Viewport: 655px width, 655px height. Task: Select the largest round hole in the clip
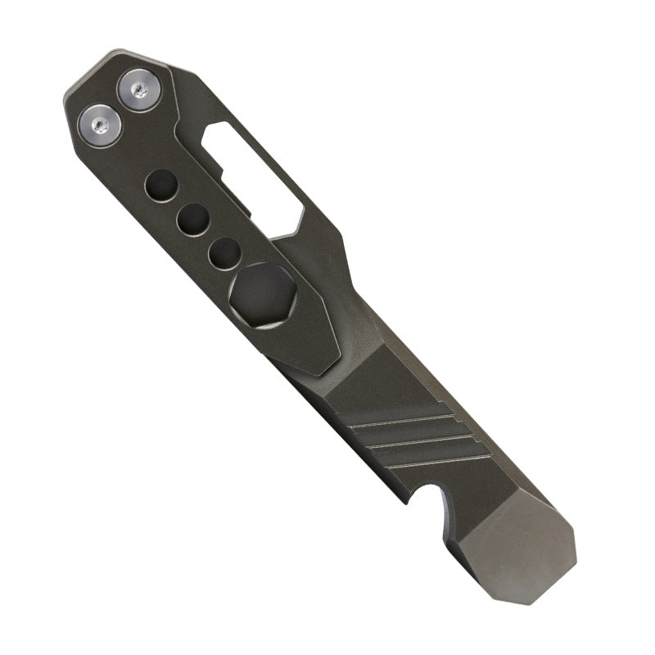point(160,186)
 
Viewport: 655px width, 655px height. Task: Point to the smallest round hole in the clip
point(223,251)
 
